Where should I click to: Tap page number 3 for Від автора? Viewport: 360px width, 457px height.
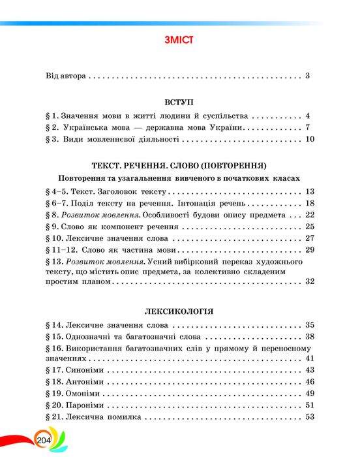307,76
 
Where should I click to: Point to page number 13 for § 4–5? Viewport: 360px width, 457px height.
310,191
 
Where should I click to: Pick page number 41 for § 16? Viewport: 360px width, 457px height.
310,358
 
